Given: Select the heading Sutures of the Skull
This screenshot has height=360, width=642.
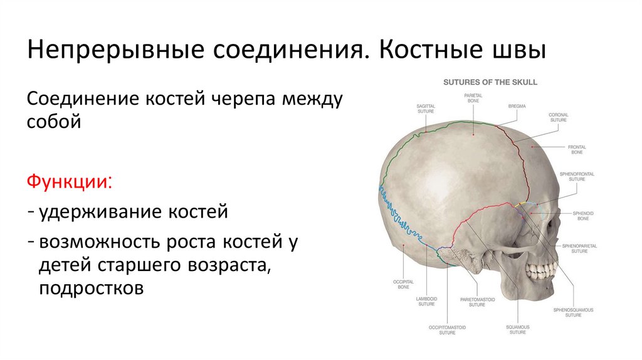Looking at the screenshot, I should (x=490, y=82).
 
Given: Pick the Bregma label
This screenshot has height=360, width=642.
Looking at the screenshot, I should (x=517, y=107).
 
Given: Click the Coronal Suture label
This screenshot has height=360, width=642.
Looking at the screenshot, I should (x=558, y=117).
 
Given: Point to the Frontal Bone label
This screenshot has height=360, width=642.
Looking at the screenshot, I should (x=577, y=150).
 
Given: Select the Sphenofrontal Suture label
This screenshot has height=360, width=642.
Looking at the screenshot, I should (x=577, y=176).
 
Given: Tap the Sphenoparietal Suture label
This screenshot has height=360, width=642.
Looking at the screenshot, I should (x=575, y=248).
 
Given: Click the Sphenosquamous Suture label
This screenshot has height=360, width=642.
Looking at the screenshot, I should (x=573, y=312).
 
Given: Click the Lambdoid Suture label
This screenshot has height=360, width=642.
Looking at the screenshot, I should (x=426, y=301).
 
